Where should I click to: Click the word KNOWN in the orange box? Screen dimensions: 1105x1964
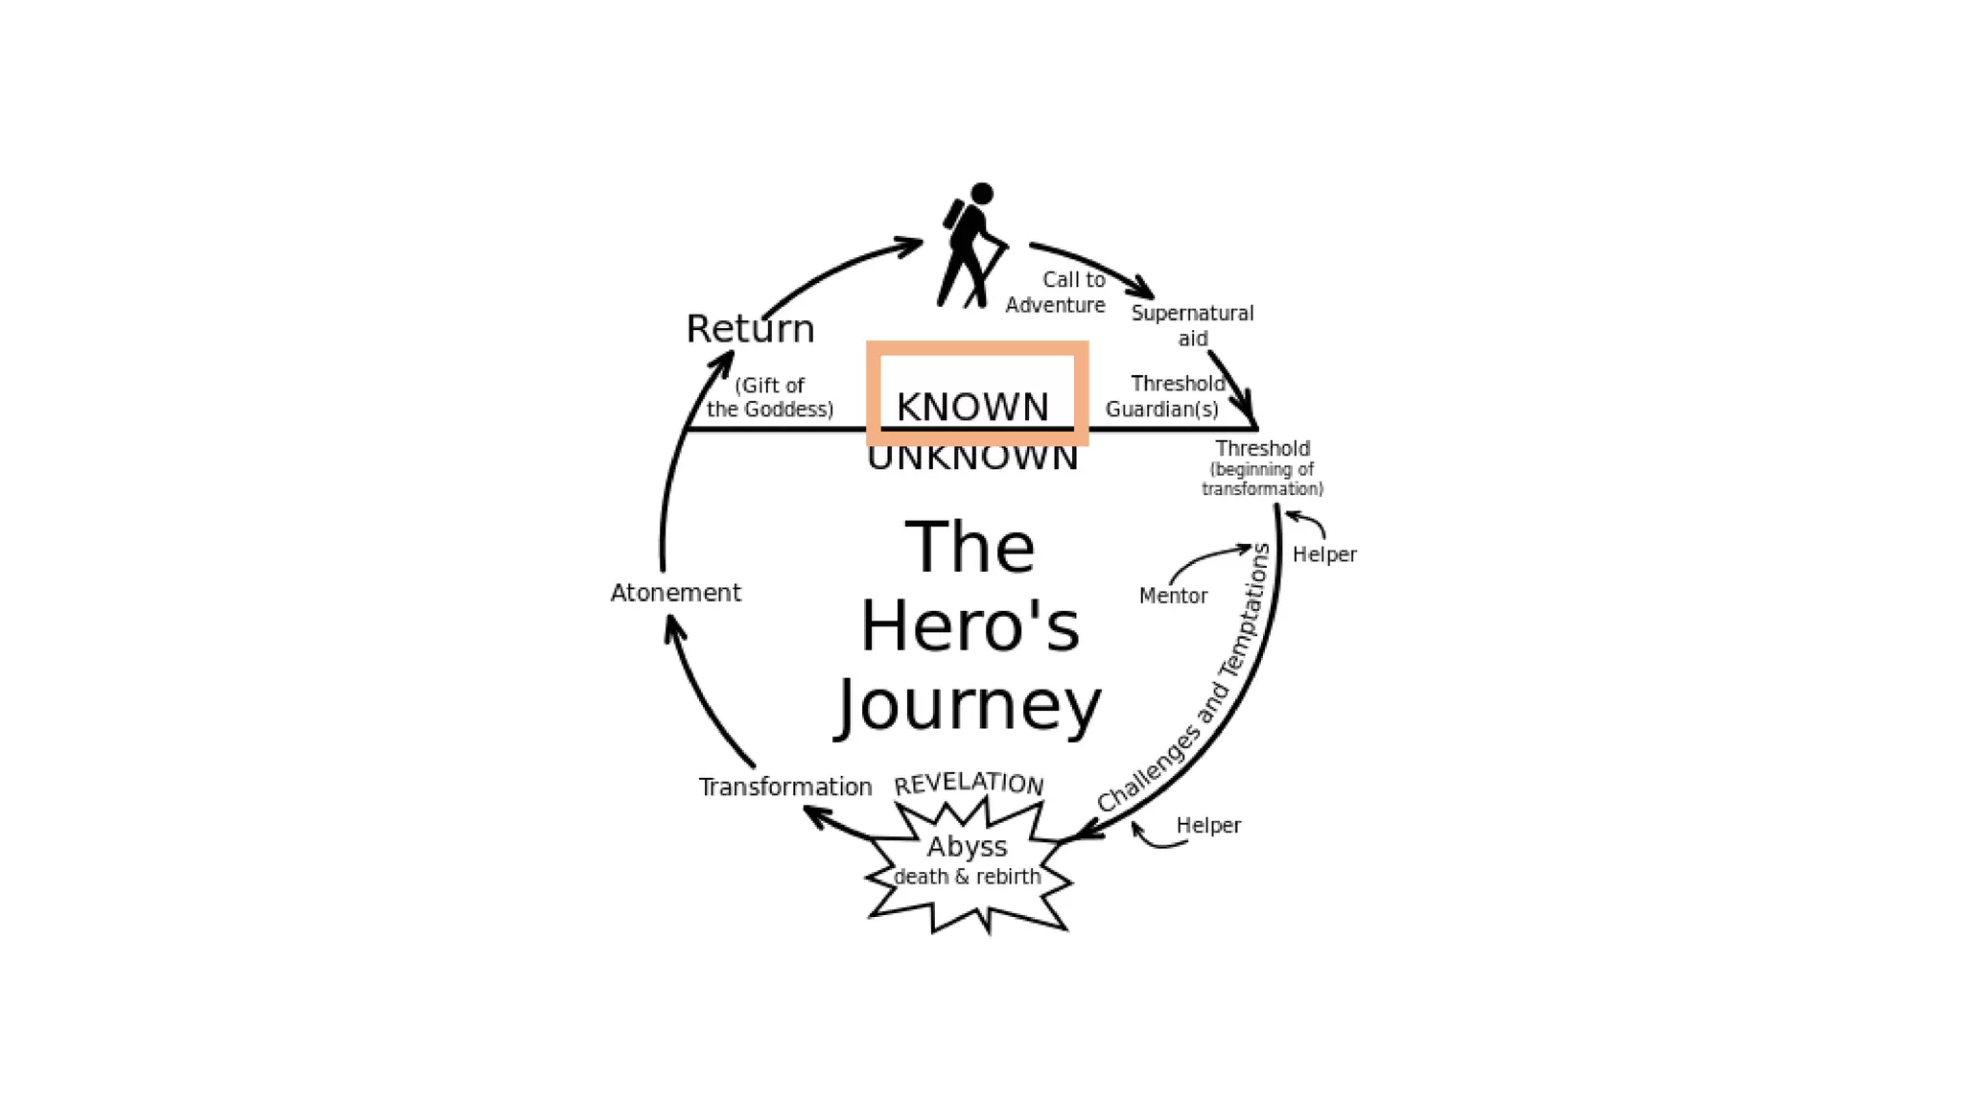coord(972,407)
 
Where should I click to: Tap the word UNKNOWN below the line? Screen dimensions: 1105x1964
coord(972,458)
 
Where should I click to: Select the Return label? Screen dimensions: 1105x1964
coord(750,329)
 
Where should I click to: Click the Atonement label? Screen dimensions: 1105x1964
coord(675,593)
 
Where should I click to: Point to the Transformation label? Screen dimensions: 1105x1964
coord(784,788)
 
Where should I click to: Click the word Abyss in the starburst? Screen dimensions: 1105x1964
coord(967,847)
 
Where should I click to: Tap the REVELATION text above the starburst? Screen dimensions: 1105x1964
coord(969,784)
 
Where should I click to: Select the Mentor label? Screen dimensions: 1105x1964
coord(1173,596)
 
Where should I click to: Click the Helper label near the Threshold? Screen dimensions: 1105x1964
coord(1324,554)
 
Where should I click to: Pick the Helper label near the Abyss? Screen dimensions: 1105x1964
coord(1208,825)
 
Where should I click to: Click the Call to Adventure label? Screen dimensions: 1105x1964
coord(1056,293)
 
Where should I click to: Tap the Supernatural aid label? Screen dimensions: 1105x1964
coord(1192,325)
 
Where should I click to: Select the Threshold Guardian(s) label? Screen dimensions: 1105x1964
coord(1164,396)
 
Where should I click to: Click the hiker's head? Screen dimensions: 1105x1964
coord(981,194)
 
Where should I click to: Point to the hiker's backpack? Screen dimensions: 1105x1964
coord(953,215)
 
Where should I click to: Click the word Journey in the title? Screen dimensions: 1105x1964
coord(970,707)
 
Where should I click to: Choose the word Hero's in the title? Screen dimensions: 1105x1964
coord(970,627)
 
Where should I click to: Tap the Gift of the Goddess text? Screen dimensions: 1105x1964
coord(770,397)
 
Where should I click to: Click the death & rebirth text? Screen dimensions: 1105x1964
coord(967,877)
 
